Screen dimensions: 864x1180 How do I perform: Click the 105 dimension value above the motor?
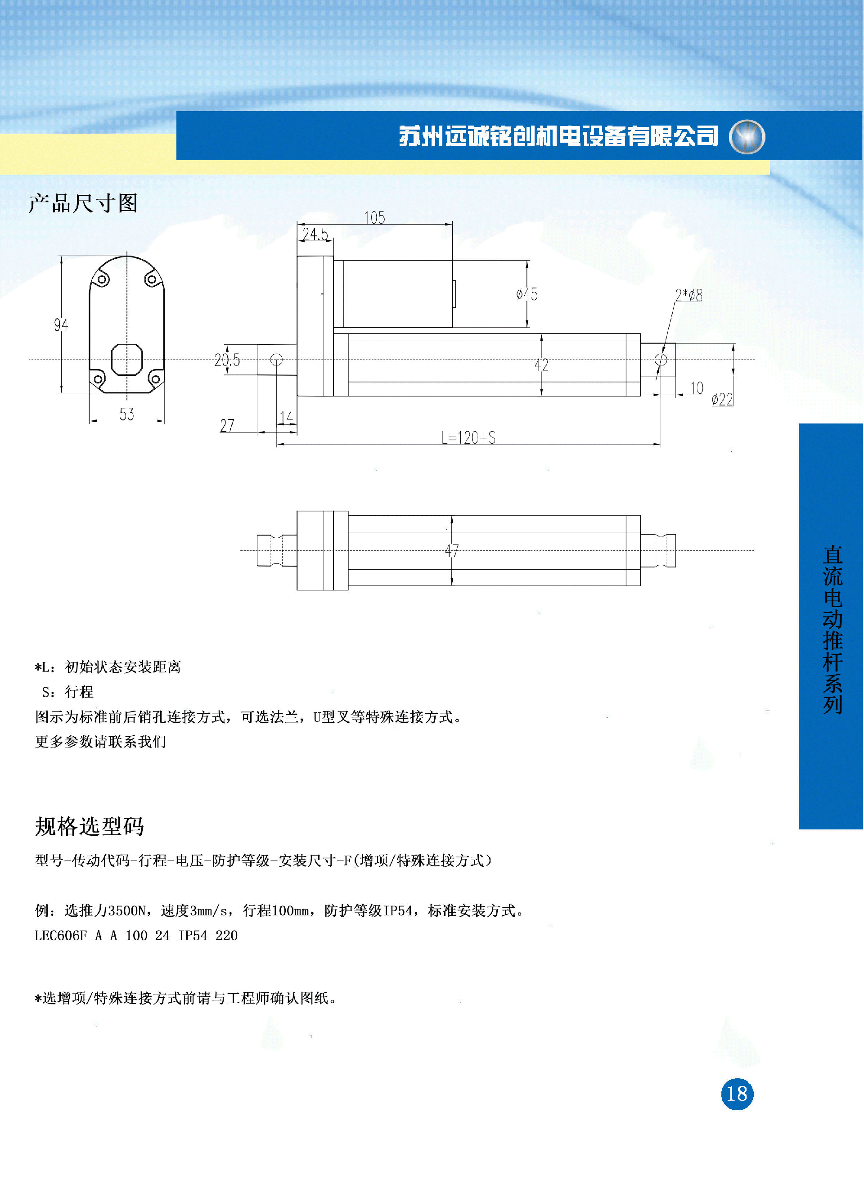click(374, 217)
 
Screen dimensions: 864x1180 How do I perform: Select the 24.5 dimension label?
click(315, 234)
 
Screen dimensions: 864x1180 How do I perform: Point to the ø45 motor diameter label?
click(526, 294)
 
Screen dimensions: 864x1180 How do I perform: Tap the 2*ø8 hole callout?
click(689, 296)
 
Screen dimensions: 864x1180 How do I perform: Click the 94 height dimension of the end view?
click(61, 325)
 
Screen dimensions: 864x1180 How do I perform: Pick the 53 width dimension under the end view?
click(126, 414)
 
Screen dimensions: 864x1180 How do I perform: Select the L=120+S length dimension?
click(468, 437)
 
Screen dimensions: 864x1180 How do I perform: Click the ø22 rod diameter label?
click(722, 400)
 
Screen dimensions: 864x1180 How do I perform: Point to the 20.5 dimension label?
click(227, 360)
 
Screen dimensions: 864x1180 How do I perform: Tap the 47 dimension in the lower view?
click(452, 550)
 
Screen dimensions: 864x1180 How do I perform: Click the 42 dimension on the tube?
click(541, 365)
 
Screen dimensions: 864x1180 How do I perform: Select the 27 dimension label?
click(227, 426)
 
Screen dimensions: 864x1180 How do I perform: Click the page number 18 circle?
click(737, 1094)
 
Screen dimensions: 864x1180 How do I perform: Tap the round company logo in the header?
click(747, 136)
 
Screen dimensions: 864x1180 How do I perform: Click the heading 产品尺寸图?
click(83, 203)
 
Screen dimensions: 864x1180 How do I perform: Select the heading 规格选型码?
click(90, 826)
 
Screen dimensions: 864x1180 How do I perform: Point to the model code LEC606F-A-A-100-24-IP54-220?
click(136, 935)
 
